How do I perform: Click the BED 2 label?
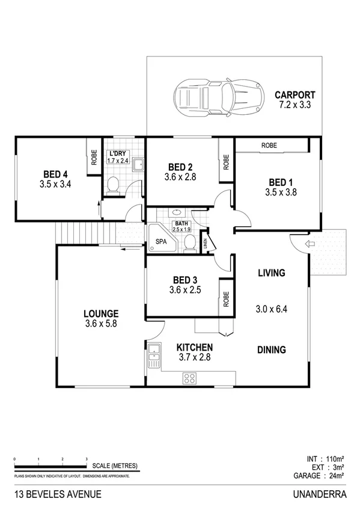180,167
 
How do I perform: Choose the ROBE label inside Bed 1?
269,146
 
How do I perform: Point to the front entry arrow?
310,244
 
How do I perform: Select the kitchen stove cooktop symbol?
190,378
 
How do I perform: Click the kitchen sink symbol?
153,355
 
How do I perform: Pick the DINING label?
271,350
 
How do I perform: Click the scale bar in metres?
50,466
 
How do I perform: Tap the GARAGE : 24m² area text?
319,476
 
